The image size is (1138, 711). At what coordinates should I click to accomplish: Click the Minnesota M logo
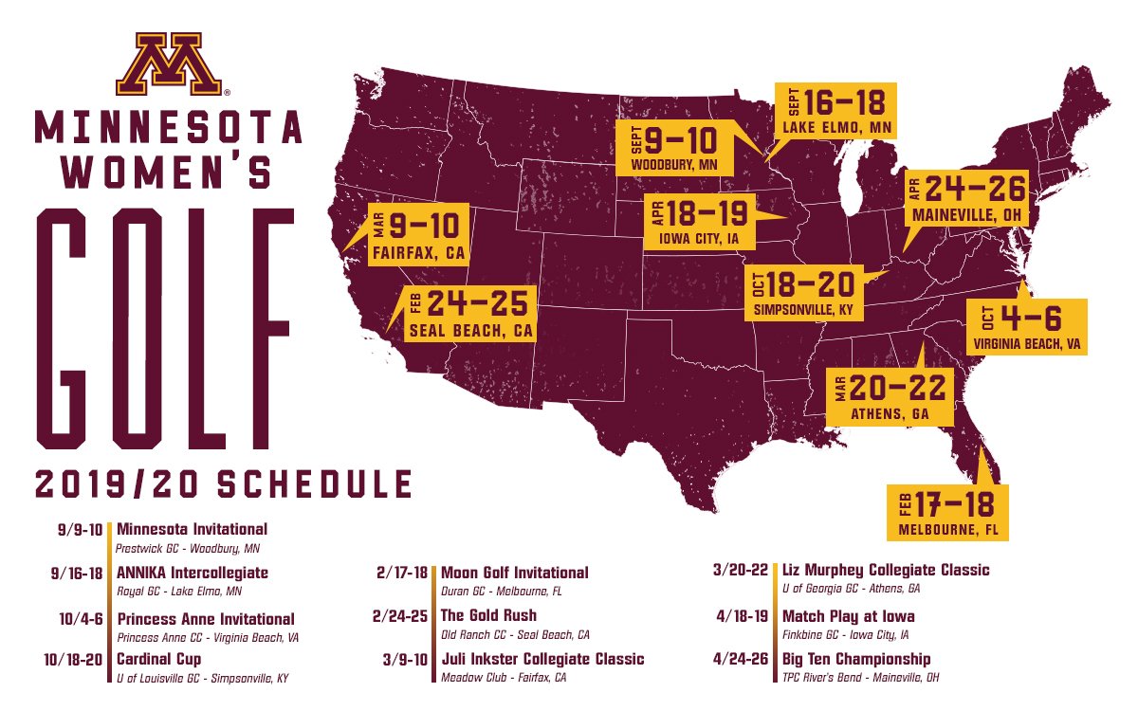tap(170, 66)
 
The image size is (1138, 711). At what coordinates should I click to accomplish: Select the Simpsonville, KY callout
tap(804, 293)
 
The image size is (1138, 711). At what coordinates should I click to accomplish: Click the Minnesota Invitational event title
tap(192, 529)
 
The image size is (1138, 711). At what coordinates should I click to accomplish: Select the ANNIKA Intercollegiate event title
tap(193, 573)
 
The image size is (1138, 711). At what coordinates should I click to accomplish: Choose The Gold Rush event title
tap(488, 616)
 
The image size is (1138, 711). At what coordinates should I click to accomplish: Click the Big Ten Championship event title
tap(856, 659)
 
